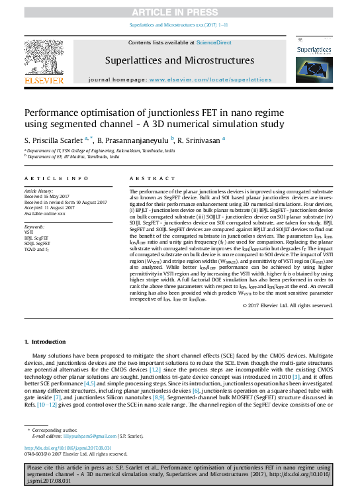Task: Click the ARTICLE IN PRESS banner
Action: tap(179, 12)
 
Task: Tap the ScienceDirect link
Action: tap(213, 42)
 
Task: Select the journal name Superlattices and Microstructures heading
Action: tap(179, 60)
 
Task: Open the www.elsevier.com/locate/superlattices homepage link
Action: tap(210, 79)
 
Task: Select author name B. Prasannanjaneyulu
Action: tap(132, 140)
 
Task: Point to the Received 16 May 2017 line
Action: tap(48, 196)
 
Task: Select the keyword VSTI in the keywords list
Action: tap(29, 232)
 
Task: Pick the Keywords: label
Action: tap(34, 226)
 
